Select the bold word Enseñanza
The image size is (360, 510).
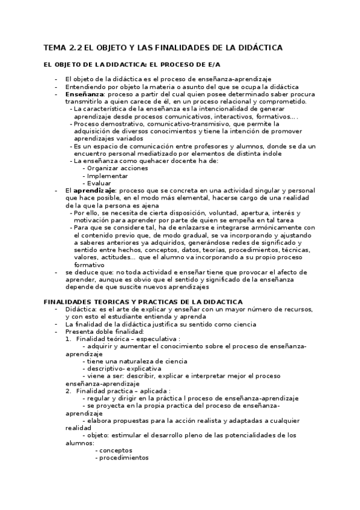pos(84,94)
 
